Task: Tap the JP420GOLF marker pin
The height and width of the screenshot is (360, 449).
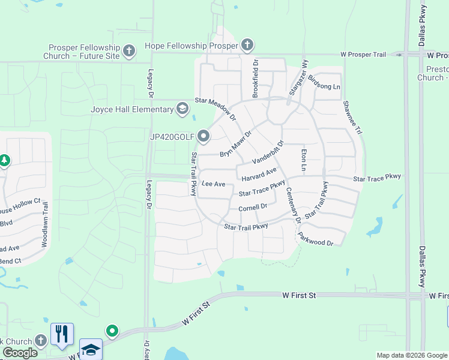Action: click(x=203, y=137)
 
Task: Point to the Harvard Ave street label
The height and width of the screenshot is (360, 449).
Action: click(x=259, y=175)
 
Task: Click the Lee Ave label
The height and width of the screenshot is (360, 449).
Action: click(x=213, y=184)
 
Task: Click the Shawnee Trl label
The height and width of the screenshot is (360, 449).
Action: click(x=352, y=118)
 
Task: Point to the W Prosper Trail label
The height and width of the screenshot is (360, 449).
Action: click(x=363, y=55)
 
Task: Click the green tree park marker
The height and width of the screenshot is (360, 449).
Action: click(x=5, y=160)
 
